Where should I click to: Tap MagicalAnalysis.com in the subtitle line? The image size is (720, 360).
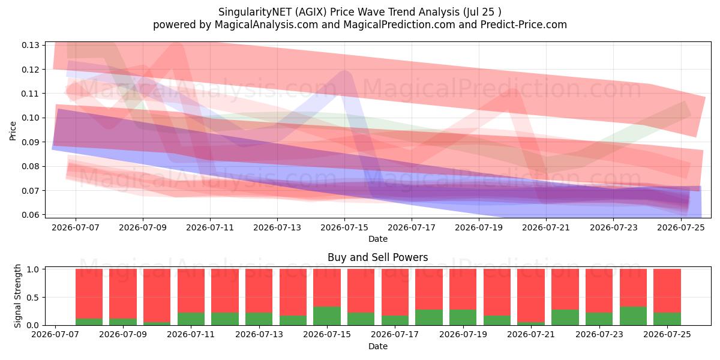click(x=266, y=25)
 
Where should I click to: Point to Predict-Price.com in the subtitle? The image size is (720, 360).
click(x=524, y=25)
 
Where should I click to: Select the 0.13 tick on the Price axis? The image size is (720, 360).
click(x=31, y=45)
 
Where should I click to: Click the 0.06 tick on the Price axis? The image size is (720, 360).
click(x=31, y=215)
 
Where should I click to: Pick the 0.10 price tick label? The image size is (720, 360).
click(x=31, y=118)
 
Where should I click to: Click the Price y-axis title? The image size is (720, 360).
click(x=13, y=131)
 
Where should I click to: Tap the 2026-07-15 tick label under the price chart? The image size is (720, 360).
click(x=344, y=227)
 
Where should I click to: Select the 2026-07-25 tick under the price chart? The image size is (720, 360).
click(x=681, y=227)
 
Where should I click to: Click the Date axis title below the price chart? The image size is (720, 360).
click(x=378, y=239)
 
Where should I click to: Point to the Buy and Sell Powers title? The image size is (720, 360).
click(x=378, y=257)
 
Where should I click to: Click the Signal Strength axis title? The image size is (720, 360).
click(x=17, y=296)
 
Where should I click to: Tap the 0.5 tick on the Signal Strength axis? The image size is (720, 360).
click(x=34, y=298)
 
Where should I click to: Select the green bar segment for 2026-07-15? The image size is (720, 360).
click(x=327, y=316)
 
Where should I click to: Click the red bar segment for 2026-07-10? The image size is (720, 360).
click(x=157, y=296)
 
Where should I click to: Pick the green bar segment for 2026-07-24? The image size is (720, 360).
click(x=633, y=316)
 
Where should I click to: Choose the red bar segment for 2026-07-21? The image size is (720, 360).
click(x=531, y=296)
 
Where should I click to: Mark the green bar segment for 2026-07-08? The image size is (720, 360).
click(x=89, y=322)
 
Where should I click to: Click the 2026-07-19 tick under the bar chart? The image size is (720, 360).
click(x=463, y=334)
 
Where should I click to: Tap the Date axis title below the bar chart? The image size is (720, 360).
click(x=378, y=346)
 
